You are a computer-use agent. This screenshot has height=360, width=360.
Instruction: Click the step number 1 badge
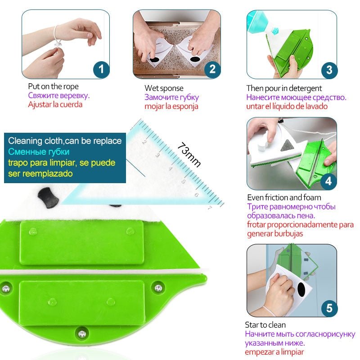pyautogui.click(x=101, y=69)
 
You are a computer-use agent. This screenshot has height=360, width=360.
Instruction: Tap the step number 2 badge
pyautogui.click(x=212, y=69)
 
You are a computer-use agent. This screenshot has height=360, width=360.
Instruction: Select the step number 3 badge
pyautogui.click(x=329, y=69)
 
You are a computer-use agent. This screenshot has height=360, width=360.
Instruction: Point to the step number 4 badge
pyautogui.click(x=328, y=181)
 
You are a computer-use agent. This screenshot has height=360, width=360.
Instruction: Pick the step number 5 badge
pyautogui.click(x=329, y=308)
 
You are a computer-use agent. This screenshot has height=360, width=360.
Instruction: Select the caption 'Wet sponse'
pyautogui.click(x=164, y=88)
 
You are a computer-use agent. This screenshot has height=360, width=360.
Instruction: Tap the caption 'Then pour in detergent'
pyautogui.click(x=284, y=88)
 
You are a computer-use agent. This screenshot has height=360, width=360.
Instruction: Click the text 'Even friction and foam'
pyautogui.click(x=284, y=197)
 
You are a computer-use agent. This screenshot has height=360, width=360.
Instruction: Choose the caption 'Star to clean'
pyautogui.click(x=265, y=324)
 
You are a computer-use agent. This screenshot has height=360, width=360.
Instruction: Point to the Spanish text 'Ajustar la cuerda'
pyautogui.click(x=55, y=104)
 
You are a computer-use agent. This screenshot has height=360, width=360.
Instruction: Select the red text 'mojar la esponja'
pyautogui.click(x=171, y=106)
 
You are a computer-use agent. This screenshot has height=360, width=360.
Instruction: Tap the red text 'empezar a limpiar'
pyautogui.click(x=274, y=352)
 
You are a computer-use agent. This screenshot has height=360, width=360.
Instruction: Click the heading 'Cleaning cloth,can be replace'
pyautogui.click(x=65, y=141)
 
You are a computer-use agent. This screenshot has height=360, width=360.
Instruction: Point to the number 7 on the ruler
pyautogui.click(x=210, y=207)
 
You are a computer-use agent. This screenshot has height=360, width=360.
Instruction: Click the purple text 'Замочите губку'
pyautogui.click(x=171, y=97)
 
